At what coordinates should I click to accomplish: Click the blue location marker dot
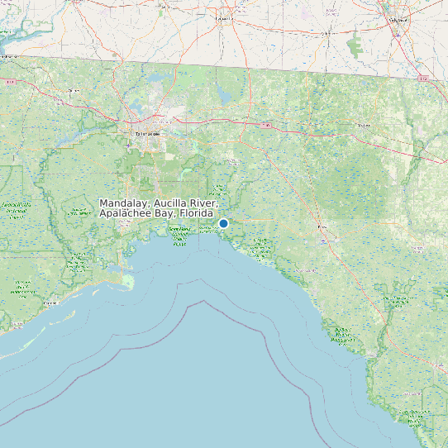click(x=223, y=223)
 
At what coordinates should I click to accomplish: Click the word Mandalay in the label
click(x=123, y=203)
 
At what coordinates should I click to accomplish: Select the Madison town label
click(x=362, y=126)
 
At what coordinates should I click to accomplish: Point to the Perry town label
click(x=322, y=226)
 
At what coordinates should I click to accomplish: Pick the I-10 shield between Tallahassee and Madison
click(x=266, y=124)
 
